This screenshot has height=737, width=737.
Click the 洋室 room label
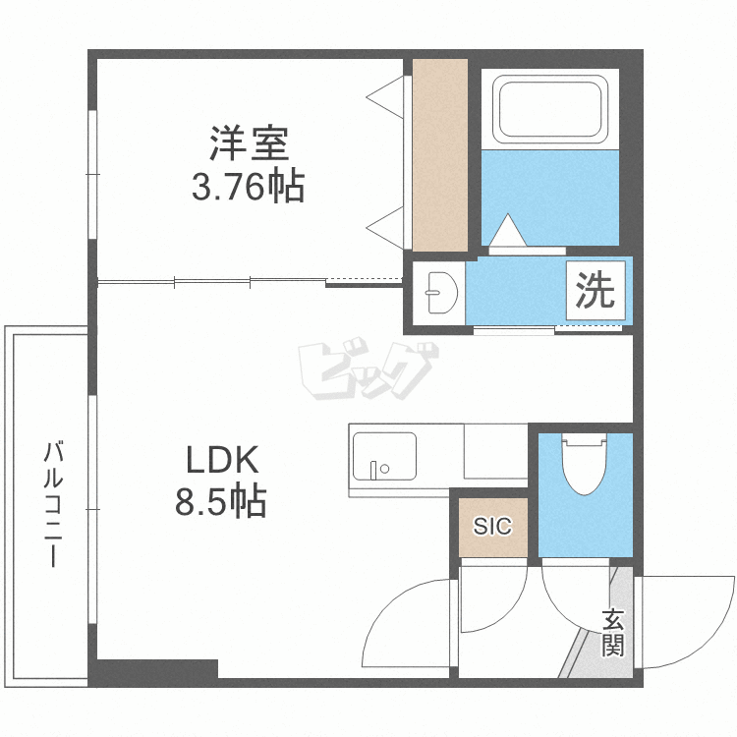click(248, 144)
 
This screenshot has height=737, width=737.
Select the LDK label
click(222, 460)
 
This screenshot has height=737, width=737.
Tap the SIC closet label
click(492, 526)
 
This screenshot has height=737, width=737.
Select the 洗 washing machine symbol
click(594, 290)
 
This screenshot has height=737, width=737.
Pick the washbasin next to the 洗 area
click(438, 291)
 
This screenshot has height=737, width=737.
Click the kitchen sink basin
click(383, 455)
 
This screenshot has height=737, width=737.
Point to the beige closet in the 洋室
click(439, 154)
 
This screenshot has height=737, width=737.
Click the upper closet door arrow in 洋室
click(387, 95)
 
